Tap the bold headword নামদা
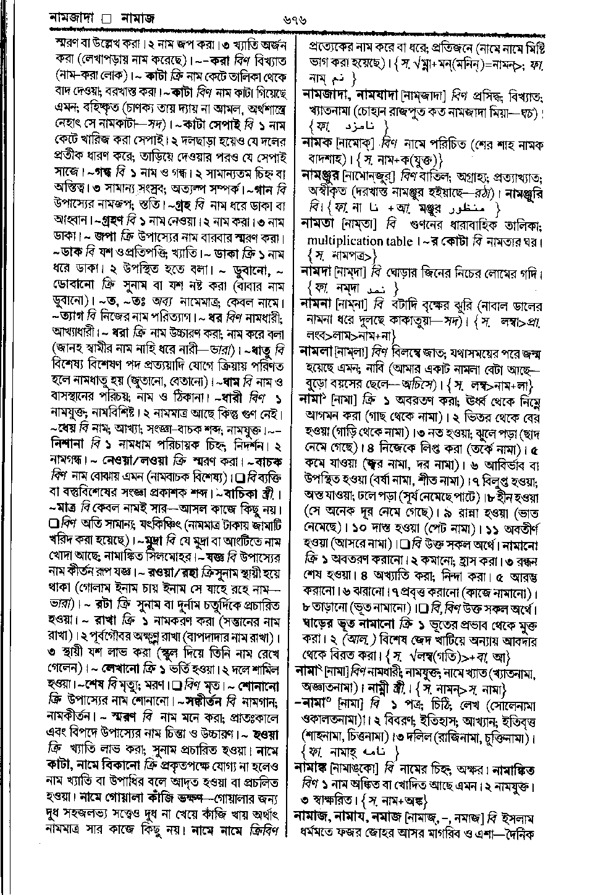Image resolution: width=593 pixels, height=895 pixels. pyautogui.click(x=318, y=271)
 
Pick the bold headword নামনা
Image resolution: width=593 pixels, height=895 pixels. pyautogui.click(x=318, y=304)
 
